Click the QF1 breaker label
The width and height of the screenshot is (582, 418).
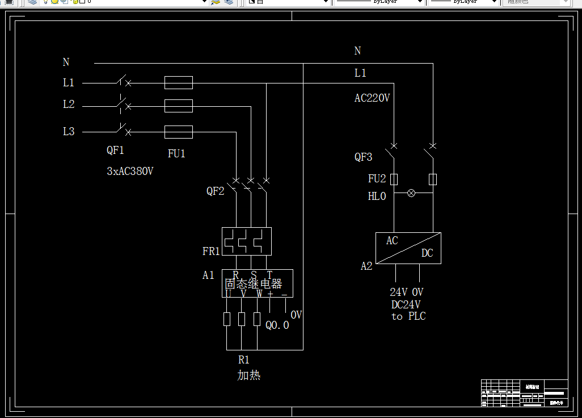[x=115, y=151]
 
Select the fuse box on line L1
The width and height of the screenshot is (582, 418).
[x=179, y=83]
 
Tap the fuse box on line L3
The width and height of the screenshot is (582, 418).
[x=179, y=132]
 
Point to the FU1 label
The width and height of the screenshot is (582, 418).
[x=176, y=153]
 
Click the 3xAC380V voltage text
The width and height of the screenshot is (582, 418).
[x=130, y=171]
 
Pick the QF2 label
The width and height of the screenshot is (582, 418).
[x=215, y=191]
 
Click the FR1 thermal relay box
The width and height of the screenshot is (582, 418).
[x=246, y=241]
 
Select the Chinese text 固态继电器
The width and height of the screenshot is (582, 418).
[x=254, y=284]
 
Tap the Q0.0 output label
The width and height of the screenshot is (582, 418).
[x=277, y=325]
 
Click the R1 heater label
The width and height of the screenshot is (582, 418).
[x=243, y=360]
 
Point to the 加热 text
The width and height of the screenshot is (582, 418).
[x=249, y=375]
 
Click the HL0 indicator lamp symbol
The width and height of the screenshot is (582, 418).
[x=412, y=193]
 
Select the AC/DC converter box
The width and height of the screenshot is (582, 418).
[x=408, y=248]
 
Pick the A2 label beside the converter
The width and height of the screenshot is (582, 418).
[x=366, y=266]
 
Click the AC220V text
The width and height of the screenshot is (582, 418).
[x=372, y=98]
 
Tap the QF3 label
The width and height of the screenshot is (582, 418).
[x=364, y=157]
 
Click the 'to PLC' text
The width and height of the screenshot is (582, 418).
[x=408, y=316]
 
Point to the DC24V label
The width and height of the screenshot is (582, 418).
[x=406, y=304]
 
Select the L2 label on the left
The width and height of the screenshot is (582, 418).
[x=69, y=104]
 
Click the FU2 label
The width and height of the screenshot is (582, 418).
[x=377, y=179]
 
